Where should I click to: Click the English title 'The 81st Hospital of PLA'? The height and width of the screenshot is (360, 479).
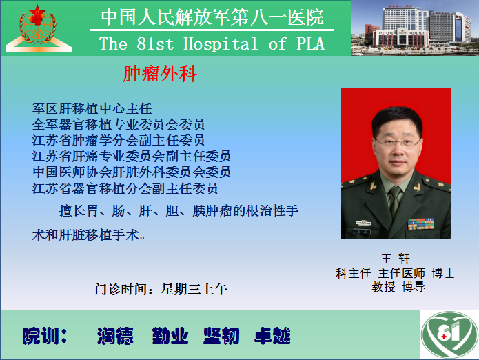tap(212, 43)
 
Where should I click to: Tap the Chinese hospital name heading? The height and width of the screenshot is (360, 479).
tap(212, 17)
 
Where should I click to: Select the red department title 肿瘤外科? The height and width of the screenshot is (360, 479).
tap(160, 74)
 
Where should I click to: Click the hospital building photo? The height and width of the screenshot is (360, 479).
tap(415, 28)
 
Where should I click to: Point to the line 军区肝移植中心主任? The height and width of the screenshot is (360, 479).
tap(92, 108)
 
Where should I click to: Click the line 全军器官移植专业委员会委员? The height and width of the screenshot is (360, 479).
tap(119, 124)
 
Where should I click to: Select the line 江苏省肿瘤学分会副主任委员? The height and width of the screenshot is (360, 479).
tap(119, 140)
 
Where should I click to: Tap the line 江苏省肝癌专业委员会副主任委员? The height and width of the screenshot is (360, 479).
tap(132, 156)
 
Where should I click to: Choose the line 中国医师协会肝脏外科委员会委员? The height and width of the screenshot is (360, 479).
tap(132, 172)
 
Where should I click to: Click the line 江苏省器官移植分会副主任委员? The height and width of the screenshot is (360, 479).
tap(125, 188)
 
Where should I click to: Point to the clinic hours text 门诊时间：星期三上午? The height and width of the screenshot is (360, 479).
tap(161, 289)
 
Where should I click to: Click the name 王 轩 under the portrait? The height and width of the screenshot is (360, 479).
tap(396, 259)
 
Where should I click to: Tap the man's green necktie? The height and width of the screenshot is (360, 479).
tap(395, 201)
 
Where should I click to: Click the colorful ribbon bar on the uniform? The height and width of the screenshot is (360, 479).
tap(420, 224)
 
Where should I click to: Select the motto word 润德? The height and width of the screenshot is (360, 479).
tap(115, 336)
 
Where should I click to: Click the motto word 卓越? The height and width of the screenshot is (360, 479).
tap(272, 336)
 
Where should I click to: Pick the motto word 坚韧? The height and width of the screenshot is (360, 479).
tap(221, 336)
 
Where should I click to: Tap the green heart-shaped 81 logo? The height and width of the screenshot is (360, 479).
tap(449, 335)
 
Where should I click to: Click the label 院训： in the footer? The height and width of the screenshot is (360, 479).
tap(45, 336)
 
